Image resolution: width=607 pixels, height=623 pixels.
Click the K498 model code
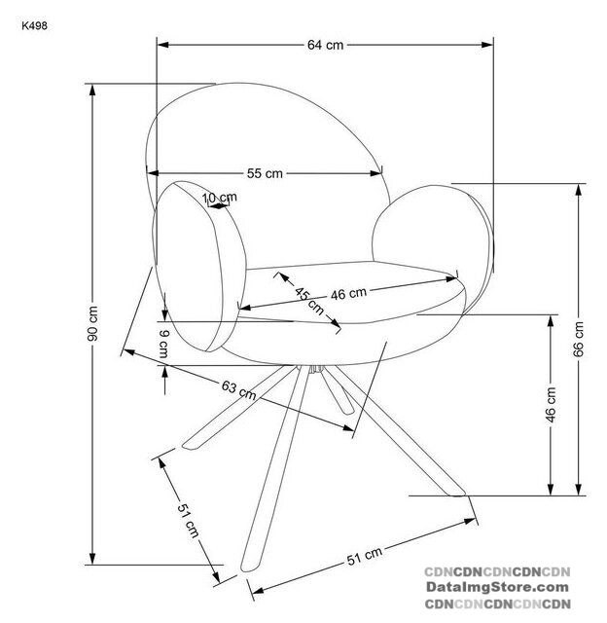[x=35, y=26]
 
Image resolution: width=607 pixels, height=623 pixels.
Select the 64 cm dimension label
[x=325, y=45]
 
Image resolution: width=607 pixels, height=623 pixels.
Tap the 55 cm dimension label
[x=265, y=173]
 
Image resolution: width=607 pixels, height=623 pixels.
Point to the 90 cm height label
[x=92, y=323]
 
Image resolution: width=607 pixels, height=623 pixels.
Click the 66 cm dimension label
[x=579, y=340]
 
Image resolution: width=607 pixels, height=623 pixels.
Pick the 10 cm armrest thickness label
[x=220, y=198]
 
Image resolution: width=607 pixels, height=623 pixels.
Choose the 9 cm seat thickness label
[x=164, y=344]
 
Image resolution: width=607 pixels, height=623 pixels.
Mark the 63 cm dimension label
[x=238, y=389]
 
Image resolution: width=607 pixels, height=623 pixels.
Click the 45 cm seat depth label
[x=309, y=301]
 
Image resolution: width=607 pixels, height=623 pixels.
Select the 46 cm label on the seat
[x=348, y=294]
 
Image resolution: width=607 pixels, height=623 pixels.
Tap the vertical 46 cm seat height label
[x=551, y=405]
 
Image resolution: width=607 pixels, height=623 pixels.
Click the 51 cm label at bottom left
[x=188, y=520]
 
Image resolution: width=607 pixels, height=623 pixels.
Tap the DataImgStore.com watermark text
[x=497, y=587]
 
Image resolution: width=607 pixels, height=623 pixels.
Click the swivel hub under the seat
[x=316, y=369]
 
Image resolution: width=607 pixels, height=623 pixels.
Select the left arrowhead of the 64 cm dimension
[x=162, y=45]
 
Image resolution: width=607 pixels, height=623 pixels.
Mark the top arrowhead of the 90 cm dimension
[x=92, y=90]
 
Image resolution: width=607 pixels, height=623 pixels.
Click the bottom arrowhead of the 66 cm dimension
[x=579, y=490]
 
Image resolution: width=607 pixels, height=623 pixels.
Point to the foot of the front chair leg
[x=248, y=568]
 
